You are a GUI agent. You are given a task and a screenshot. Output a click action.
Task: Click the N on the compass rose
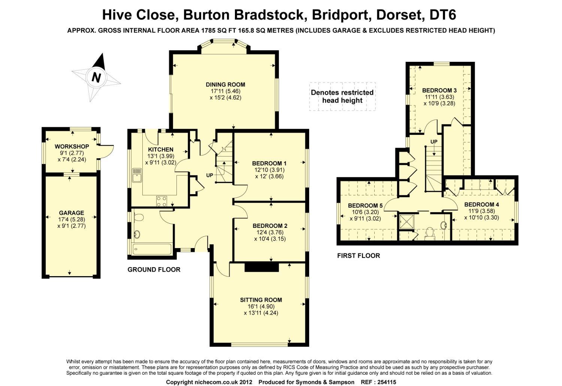[96, 77]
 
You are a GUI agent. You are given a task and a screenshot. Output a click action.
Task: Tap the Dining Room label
[225, 85]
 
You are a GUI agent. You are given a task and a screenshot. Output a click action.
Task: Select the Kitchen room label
[161, 149]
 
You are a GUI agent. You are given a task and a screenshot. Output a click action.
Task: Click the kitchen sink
[137, 175]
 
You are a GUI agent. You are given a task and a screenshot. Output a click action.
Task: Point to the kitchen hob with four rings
[161, 201]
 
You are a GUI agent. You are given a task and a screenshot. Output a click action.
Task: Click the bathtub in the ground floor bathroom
[152, 249]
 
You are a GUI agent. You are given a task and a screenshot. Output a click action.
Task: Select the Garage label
[72, 213]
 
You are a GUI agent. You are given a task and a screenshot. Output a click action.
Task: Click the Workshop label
[72, 146]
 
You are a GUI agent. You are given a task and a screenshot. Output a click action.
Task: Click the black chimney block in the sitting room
[262, 267]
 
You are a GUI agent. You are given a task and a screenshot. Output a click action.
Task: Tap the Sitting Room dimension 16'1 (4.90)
[261, 307]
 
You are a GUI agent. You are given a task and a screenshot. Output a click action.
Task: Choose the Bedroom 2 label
[270, 226]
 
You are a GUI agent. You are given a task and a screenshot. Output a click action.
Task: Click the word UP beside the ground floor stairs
[209, 175]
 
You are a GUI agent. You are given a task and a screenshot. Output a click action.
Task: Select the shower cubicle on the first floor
[407, 221]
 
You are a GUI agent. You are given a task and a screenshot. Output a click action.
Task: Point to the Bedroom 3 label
[439, 90]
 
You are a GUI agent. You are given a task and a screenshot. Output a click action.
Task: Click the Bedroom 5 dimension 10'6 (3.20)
[365, 212]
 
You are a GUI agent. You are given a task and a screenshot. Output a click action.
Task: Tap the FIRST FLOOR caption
[359, 256]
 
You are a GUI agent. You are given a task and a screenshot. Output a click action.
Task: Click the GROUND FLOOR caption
[154, 269]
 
